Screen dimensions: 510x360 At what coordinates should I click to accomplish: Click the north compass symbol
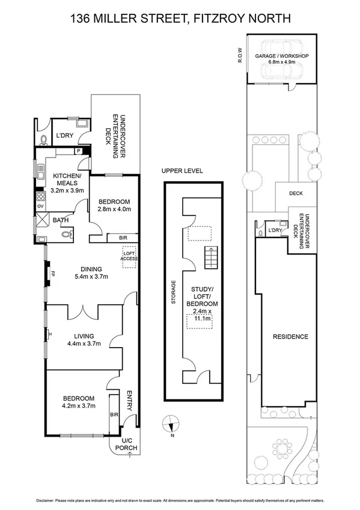[x=171, y=424]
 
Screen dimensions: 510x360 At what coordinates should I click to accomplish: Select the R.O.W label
[x=239, y=55]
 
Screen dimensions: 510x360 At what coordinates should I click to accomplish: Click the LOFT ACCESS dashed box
[x=130, y=256]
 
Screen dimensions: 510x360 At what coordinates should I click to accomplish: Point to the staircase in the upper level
[x=210, y=259]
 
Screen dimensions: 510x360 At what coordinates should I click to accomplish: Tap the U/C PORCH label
[x=129, y=446]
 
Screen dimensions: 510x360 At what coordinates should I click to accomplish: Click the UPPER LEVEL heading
[x=182, y=171]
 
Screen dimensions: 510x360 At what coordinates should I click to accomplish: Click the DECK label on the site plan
[x=296, y=194]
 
